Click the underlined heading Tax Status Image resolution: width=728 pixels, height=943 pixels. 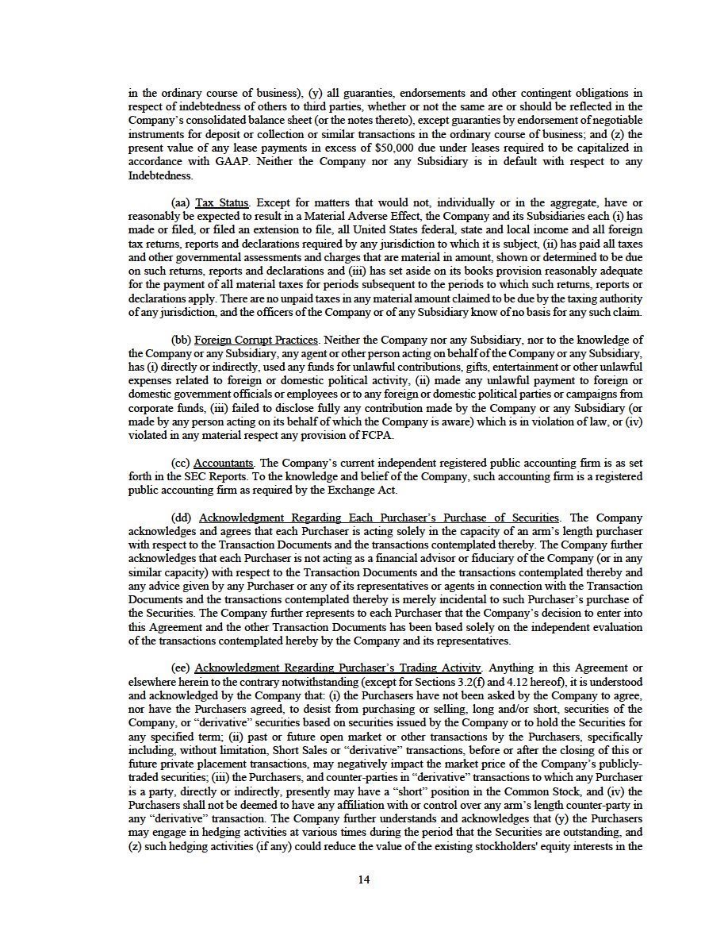pos(222,203)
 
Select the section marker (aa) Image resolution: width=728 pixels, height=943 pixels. pos(180,203)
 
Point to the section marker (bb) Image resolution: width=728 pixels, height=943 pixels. pos(180,340)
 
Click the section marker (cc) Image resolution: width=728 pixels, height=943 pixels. pos(180,463)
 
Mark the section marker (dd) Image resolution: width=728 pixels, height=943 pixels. pos(180,518)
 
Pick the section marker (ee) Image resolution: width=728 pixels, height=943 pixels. pos(180,668)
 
